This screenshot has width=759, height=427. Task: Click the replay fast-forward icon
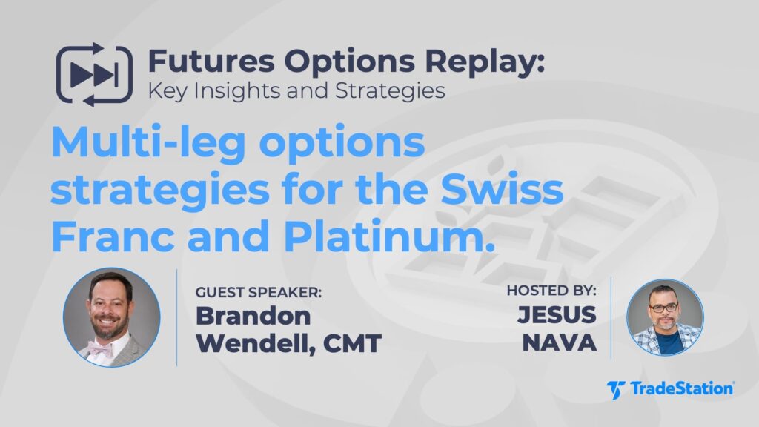click(93, 75)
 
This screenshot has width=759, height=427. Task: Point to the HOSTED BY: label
click(550, 291)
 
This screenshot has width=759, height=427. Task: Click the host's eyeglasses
click(663, 307)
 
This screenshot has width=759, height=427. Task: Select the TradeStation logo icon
click(616, 388)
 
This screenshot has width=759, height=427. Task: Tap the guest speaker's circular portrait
click(111, 317)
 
